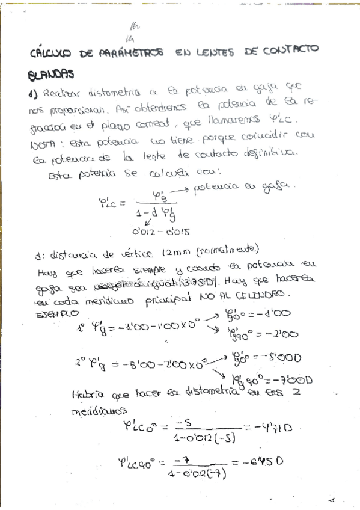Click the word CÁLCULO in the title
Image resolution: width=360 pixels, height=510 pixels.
coord(50,54)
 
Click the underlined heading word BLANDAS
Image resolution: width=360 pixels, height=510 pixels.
coord(51,75)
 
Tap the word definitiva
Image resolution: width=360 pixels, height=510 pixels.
coord(265,153)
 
